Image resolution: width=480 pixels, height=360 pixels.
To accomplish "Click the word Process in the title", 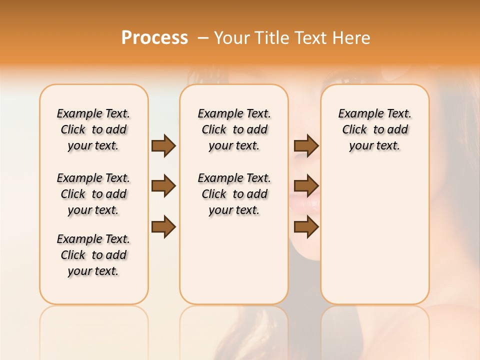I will [x=154, y=37].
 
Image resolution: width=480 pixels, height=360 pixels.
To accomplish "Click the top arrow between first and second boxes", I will [x=163, y=145].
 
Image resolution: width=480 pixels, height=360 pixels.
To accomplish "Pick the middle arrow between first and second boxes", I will [x=163, y=186].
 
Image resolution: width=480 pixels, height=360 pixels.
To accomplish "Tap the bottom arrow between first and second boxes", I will [x=163, y=226].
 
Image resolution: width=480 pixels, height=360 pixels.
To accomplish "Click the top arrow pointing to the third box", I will [x=306, y=145].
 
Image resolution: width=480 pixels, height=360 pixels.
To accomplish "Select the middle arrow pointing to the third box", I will [x=306, y=186].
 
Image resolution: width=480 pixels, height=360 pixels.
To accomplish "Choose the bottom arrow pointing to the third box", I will [x=306, y=226].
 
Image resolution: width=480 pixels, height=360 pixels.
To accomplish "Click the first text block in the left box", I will [x=93, y=129].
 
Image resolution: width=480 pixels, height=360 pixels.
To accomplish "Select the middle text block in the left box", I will [x=93, y=194].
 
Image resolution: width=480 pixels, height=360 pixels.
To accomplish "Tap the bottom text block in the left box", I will [x=93, y=255].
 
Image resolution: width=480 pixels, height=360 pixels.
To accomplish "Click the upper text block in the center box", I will [x=234, y=129].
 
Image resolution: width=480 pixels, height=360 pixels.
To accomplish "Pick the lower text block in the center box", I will [x=234, y=194].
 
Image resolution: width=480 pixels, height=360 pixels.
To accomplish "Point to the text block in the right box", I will [x=375, y=129].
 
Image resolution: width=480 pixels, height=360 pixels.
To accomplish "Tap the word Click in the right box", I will [x=354, y=130].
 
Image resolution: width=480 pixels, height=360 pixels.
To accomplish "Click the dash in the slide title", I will [x=203, y=38].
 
